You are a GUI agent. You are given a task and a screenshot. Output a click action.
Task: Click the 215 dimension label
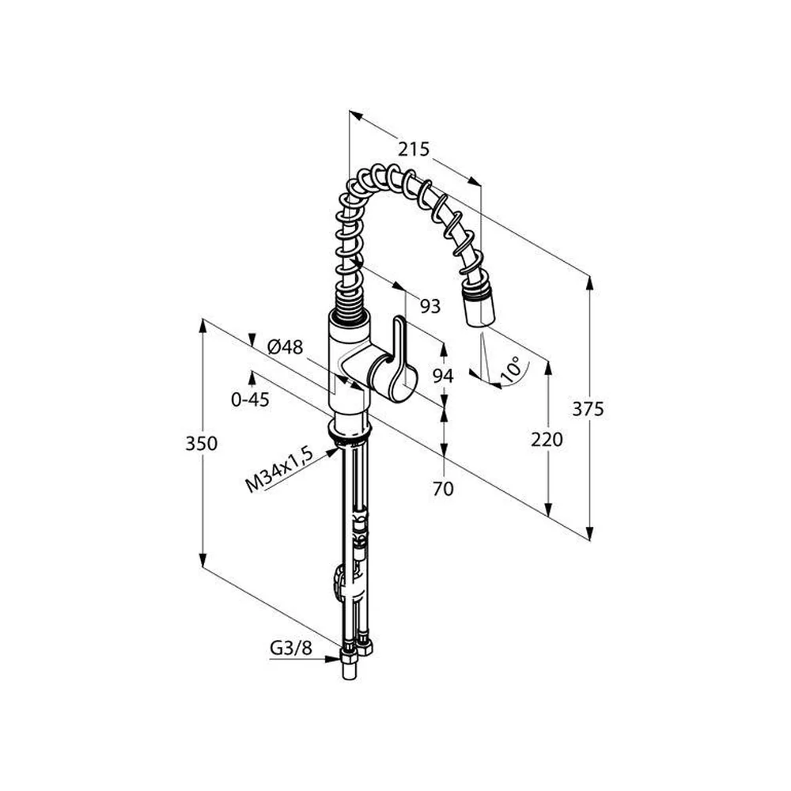[413, 149]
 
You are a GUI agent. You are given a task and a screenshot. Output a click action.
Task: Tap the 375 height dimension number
[588, 409]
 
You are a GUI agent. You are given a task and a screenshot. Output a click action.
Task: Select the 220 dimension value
[547, 440]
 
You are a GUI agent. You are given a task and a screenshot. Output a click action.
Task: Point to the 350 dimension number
[201, 444]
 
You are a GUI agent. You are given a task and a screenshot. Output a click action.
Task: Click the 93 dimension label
[430, 306]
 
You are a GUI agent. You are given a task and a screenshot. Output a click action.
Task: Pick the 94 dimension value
[443, 376]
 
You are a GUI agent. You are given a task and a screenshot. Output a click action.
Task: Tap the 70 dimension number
[443, 488]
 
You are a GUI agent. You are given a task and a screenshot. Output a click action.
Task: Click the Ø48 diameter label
[285, 347]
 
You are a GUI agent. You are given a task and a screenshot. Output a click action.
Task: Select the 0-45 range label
[250, 400]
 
